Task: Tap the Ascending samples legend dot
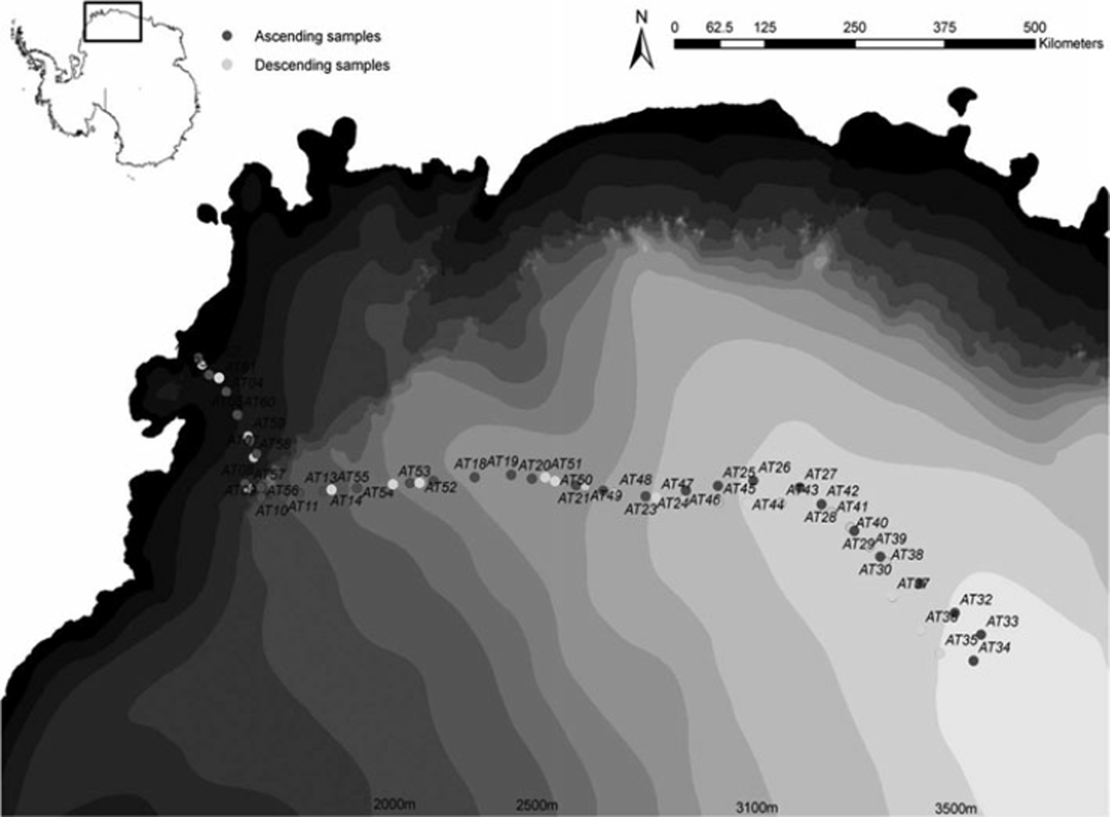tap(228, 36)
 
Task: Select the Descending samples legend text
tap(321, 65)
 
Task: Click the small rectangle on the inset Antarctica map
tap(113, 21)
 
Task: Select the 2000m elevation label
tap(394, 806)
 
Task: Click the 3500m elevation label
tap(955, 807)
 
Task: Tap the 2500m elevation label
tap(536, 806)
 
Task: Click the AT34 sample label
tap(994, 647)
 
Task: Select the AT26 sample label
tap(775, 468)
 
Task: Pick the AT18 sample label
tap(470, 464)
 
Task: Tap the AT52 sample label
tap(441, 487)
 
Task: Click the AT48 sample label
tap(635, 480)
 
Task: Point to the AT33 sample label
tap(1002, 621)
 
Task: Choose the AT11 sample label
tap(303, 506)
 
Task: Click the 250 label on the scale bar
tap(855, 27)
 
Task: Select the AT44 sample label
tap(767, 505)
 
